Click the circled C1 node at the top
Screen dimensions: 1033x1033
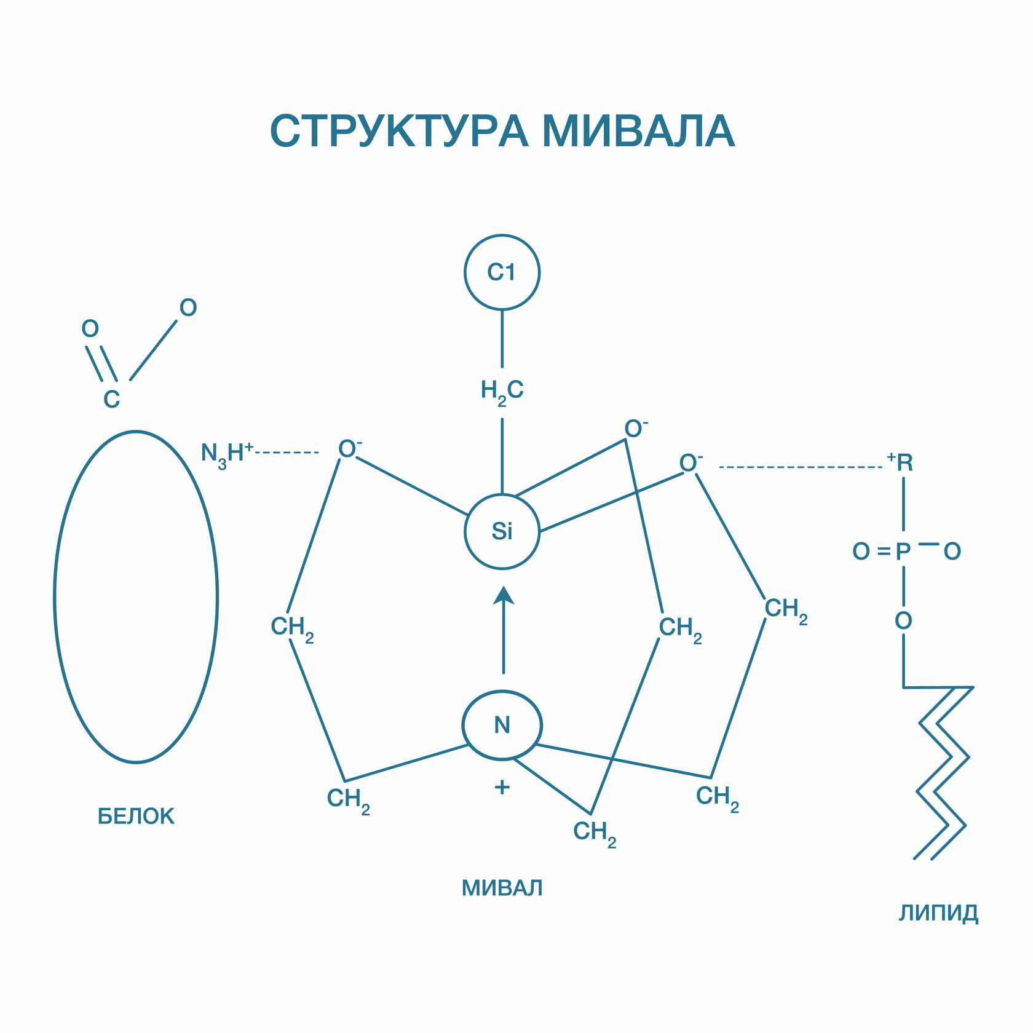(x=502, y=272)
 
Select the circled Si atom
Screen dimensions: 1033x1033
(x=502, y=531)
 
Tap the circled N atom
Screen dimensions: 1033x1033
(x=502, y=725)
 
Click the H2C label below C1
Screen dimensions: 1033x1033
(x=502, y=390)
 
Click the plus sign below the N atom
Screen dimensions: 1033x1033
(x=502, y=787)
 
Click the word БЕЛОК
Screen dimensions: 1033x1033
(x=136, y=817)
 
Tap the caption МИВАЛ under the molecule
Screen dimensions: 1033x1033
(x=502, y=888)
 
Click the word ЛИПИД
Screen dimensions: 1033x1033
(x=938, y=913)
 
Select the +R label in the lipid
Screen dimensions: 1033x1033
(x=901, y=462)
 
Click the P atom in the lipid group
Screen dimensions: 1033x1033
(x=903, y=552)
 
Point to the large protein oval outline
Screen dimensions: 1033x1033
(x=55, y=596)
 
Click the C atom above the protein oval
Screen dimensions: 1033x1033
(x=111, y=400)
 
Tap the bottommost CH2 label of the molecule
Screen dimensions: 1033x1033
(x=594, y=833)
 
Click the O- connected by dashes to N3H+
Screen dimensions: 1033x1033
(x=349, y=449)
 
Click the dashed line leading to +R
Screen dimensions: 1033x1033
(x=799, y=467)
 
